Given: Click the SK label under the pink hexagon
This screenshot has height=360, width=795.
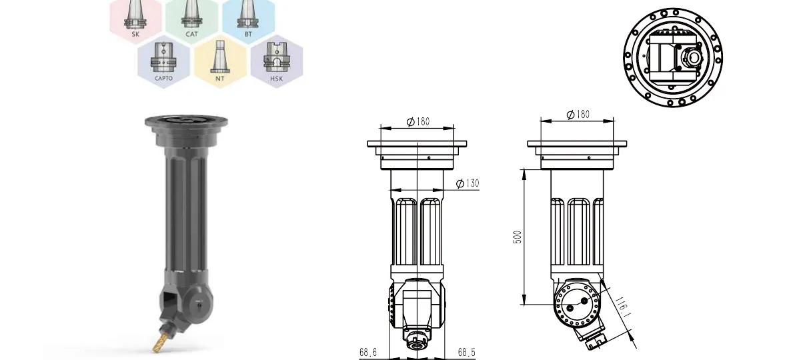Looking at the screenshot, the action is point(135,35).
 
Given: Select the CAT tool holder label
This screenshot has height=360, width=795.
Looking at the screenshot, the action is point(191,35).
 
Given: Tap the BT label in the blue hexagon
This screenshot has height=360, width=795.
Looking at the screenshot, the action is point(248,35).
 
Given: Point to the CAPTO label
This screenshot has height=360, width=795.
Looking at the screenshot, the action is point(163,79).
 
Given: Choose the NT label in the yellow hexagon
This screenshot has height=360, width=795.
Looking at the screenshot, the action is point(220,79).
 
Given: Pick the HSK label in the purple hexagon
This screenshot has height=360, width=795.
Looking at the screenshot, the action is point(277,79).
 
